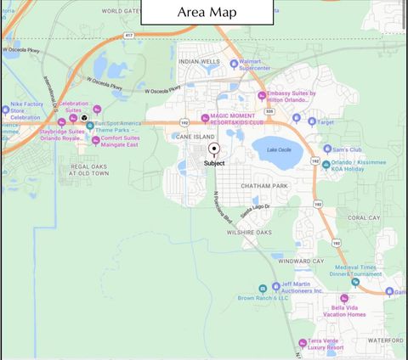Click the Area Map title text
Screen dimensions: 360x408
click(207, 13)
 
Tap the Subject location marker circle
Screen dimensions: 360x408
click(214, 149)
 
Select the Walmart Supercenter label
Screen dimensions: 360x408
click(242, 65)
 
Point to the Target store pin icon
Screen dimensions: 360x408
click(309, 121)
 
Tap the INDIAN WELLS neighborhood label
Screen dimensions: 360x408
click(199, 61)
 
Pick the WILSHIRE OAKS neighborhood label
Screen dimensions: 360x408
click(249, 232)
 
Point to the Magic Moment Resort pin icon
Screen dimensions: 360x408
click(204, 118)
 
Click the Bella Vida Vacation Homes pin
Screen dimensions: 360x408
click(343, 299)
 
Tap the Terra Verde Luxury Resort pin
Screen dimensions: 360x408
click(301, 343)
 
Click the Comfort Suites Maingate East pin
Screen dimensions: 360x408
click(95, 140)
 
